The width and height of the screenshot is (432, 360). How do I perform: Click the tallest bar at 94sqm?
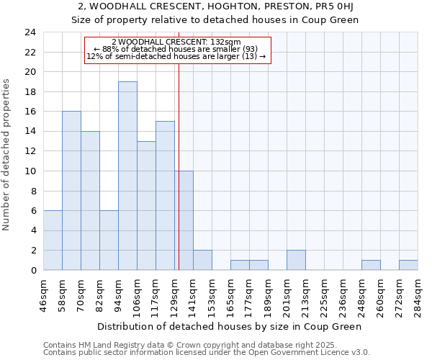point(127,176)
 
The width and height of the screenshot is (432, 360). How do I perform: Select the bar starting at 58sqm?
point(71,191)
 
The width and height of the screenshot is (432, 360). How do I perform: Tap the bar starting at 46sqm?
point(53,240)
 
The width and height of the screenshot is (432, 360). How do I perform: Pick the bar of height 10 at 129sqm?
point(184,220)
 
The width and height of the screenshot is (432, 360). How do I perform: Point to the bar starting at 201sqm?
point(296,260)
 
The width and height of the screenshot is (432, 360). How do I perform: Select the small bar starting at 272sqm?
point(408,265)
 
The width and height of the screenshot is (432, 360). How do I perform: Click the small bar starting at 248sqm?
point(371,265)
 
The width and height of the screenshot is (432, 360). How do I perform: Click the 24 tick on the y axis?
point(30,32)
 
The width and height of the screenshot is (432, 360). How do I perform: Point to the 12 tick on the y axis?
point(30,151)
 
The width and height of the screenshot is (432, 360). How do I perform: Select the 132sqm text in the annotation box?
point(227,42)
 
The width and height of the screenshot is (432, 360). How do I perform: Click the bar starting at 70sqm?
point(90,201)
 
